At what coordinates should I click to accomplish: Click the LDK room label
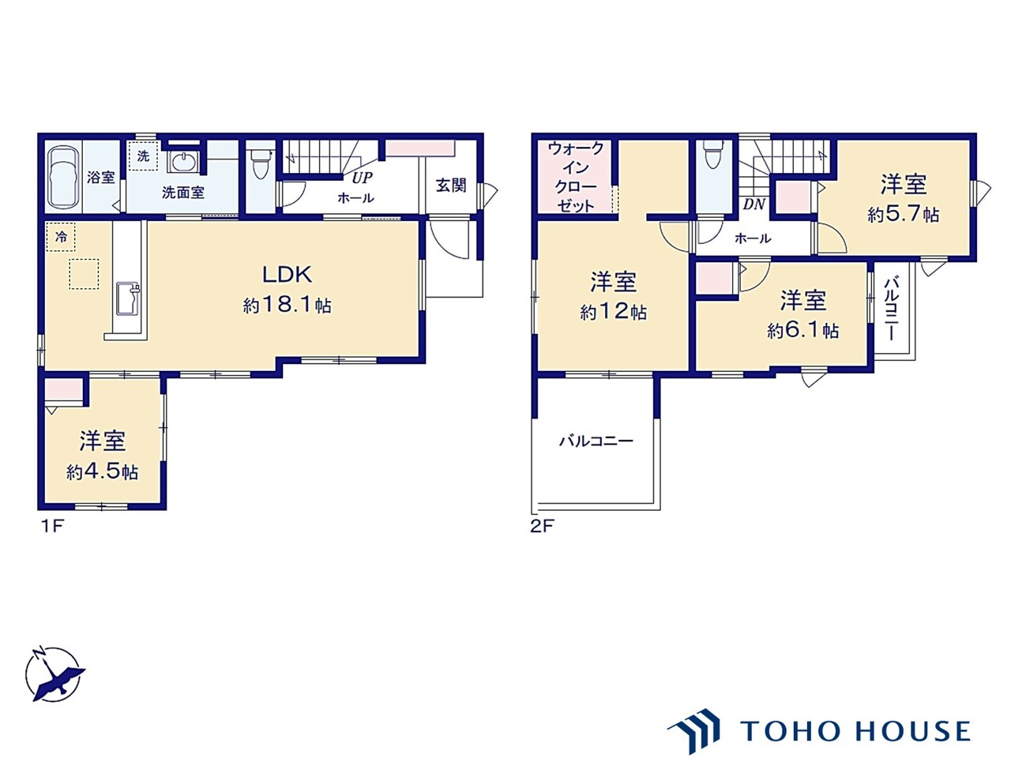click(x=287, y=275)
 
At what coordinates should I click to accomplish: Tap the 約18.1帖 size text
click(x=287, y=305)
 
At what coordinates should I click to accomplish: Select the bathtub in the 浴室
click(x=63, y=177)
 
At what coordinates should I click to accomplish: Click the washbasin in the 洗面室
click(x=184, y=161)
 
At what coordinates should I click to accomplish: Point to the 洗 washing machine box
click(x=143, y=156)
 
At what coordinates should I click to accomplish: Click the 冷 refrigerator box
click(x=61, y=238)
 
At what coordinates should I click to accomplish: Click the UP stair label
click(x=362, y=178)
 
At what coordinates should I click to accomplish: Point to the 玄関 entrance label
click(x=451, y=186)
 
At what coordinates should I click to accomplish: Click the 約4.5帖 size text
click(x=102, y=472)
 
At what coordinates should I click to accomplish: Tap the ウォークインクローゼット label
click(x=576, y=177)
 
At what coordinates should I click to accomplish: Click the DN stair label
click(x=754, y=205)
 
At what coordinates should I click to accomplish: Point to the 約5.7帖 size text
click(x=903, y=215)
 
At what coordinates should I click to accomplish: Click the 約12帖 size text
click(x=613, y=313)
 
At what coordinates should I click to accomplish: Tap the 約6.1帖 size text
click(x=802, y=331)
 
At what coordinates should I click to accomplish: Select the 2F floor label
click(x=541, y=526)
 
